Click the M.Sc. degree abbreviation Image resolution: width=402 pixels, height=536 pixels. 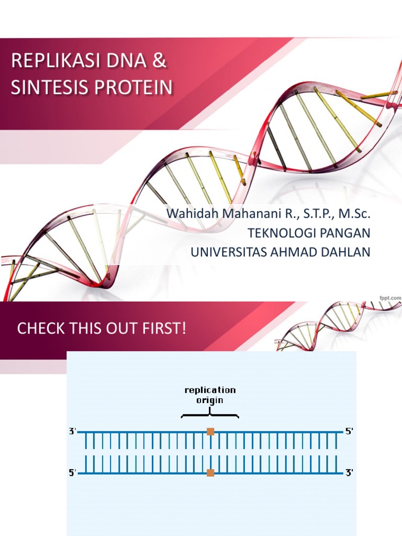tap(353, 214)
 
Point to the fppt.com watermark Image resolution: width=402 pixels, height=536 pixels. tap(390, 297)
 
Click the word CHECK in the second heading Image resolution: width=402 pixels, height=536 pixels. tap(38, 329)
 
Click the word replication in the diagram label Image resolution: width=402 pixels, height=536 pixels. tap(210, 390)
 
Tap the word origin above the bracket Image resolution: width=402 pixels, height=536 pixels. tap(209, 400)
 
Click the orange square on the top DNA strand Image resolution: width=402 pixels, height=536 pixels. tap(210, 431)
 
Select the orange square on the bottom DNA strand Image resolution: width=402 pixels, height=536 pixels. tap(210, 473)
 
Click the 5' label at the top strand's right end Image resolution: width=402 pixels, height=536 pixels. tap(349, 431)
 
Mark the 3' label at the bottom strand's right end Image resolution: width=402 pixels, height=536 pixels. tap(349, 473)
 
